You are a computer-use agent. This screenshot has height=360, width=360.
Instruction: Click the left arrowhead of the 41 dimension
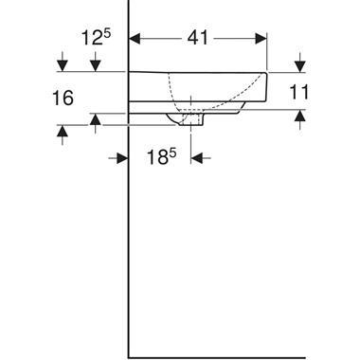point(135,41)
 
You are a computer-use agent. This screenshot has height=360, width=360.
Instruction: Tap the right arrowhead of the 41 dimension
point(263,41)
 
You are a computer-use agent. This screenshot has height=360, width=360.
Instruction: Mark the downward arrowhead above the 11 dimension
point(300,65)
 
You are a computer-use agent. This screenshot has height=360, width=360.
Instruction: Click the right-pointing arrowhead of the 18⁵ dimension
point(122,158)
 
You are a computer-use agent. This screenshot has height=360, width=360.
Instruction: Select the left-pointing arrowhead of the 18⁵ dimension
point(198,158)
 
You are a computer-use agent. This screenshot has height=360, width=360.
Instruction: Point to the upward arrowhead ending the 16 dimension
point(62,134)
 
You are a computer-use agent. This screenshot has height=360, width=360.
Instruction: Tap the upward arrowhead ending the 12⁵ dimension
point(95,119)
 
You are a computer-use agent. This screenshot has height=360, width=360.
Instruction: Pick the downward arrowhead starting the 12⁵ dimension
point(95,64)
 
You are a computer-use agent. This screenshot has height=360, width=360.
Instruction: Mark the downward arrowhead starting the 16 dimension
point(62,64)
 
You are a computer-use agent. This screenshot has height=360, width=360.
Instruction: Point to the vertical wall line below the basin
point(128,246)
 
